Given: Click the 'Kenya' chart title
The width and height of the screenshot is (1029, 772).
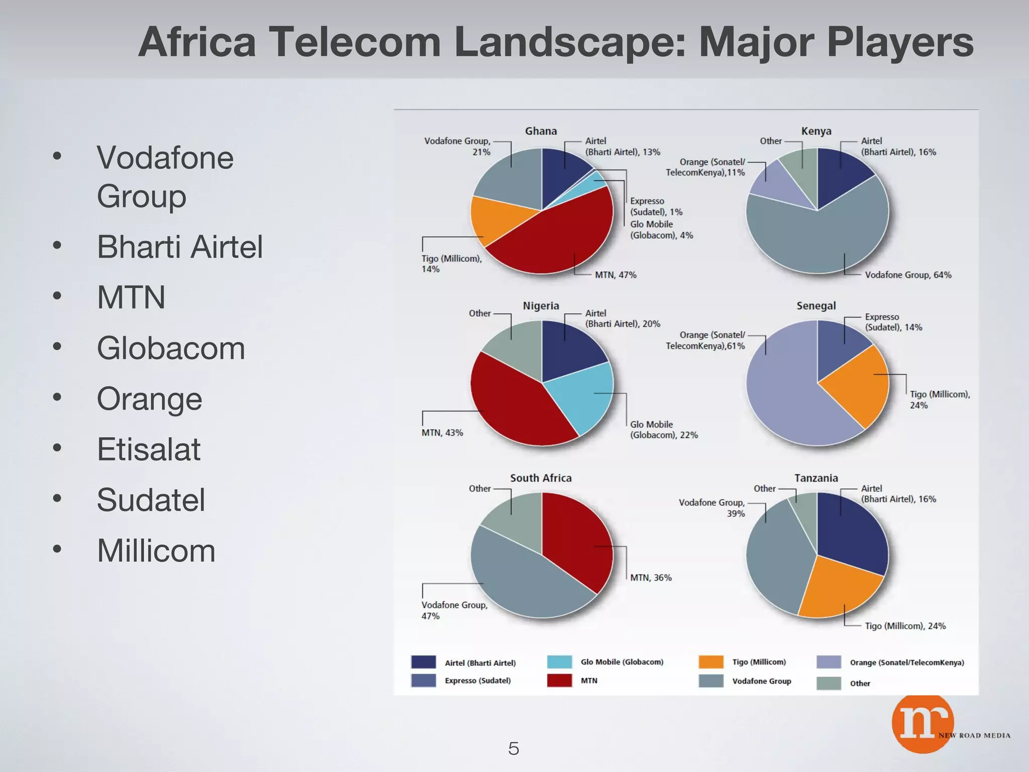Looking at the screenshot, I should pyautogui.click(x=816, y=131).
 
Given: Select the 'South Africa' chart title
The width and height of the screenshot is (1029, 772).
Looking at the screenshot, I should pyautogui.click(x=541, y=478).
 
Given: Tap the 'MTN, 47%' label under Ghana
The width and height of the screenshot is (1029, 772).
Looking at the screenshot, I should pyautogui.click(x=615, y=275).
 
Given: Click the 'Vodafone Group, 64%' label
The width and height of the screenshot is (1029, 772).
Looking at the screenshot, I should pyautogui.click(x=907, y=275).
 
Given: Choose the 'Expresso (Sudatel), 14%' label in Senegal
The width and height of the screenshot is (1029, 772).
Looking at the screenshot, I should pyautogui.click(x=893, y=322).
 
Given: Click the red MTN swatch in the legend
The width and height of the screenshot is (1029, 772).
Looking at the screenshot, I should pyautogui.click(x=559, y=681).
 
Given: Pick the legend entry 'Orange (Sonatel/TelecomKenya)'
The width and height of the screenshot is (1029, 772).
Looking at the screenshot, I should pyautogui.click(x=906, y=662).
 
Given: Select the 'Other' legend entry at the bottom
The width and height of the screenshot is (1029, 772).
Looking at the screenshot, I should pyautogui.click(x=860, y=684).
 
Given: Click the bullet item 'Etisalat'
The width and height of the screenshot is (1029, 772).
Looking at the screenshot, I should pyautogui.click(x=149, y=449).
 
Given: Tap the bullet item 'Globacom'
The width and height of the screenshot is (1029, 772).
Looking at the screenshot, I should pyautogui.click(x=171, y=348).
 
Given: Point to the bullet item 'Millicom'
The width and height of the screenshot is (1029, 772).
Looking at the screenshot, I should pyautogui.click(x=156, y=551).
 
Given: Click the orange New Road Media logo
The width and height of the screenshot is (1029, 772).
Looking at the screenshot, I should pyautogui.click(x=922, y=724).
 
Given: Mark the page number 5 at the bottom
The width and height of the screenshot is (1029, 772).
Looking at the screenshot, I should pyautogui.click(x=513, y=748).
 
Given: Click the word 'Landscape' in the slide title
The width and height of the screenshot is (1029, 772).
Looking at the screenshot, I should pyautogui.click(x=569, y=42).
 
